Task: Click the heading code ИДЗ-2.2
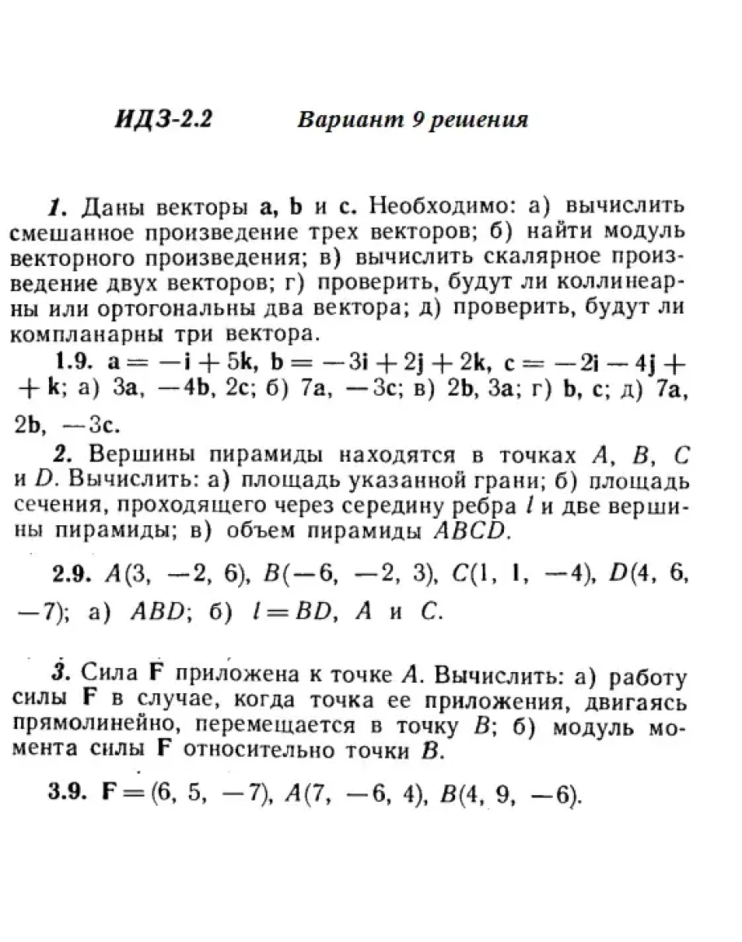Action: [x=163, y=119]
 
